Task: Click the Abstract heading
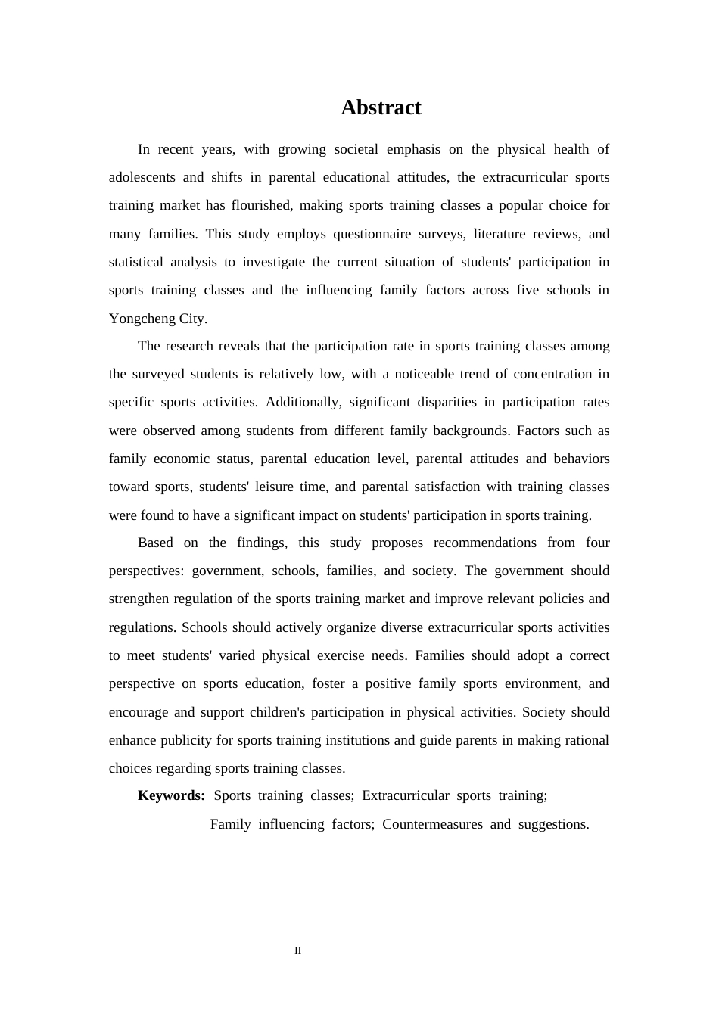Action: point(381,107)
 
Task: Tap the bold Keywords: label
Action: point(171,795)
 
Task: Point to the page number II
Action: point(297,951)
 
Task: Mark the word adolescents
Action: point(141,177)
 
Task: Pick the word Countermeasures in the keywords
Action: point(432,824)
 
